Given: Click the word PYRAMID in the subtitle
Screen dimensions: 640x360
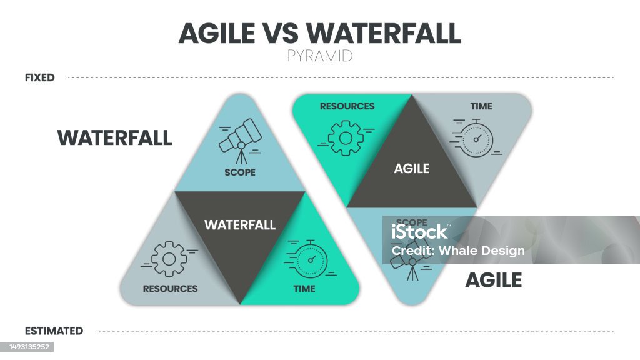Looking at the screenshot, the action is [x=320, y=56].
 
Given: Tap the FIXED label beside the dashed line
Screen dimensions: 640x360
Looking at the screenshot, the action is [x=39, y=77].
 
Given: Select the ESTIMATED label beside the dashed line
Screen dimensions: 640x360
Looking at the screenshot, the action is [x=54, y=331].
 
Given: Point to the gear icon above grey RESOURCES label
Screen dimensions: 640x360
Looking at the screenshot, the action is [x=169, y=259].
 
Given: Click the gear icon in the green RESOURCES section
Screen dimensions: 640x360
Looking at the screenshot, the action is [x=346, y=138].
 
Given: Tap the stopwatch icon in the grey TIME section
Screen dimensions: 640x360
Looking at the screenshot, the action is [x=476, y=139].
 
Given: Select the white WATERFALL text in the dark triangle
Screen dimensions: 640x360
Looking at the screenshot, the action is [x=240, y=225].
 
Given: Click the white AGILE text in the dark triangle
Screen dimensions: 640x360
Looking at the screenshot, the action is [x=412, y=169].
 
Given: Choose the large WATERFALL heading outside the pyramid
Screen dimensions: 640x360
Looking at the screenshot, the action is [x=115, y=137].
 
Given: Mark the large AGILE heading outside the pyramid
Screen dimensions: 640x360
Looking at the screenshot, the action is [x=494, y=281].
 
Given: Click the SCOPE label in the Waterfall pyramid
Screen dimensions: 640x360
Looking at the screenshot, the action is [x=240, y=172].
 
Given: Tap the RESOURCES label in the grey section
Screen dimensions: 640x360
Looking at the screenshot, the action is [x=170, y=289].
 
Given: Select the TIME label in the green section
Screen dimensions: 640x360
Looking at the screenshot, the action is [x=304, y=289].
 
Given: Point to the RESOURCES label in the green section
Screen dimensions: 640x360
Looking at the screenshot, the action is [x=347, y=106].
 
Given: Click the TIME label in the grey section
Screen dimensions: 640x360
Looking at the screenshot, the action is [x=481, y=106].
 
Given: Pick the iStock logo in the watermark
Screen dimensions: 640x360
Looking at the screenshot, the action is [x=420, y=232].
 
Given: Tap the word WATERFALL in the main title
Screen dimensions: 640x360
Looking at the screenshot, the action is [x=383, y=33].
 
